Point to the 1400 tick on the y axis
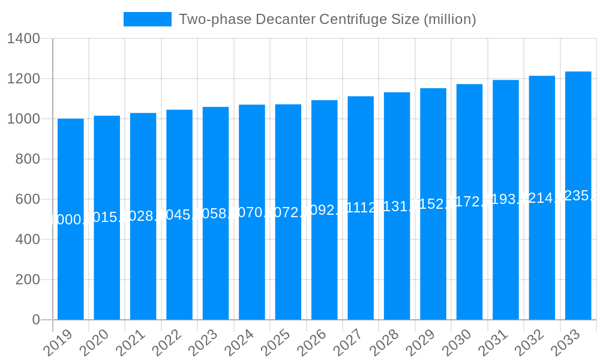[23, 39]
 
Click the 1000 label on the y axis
[23, 119]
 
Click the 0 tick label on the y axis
[36, 320]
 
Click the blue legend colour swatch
[148, 19]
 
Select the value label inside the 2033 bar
[578, 196]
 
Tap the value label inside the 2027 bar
[361, 208]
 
